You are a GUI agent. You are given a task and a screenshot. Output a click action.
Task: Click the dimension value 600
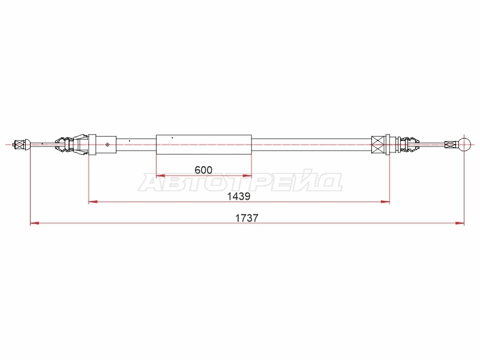tap(203, 170)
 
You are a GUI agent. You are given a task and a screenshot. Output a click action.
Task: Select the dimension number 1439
tap(238, 196)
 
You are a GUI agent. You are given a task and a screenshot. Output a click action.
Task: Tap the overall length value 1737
tap(247, 218)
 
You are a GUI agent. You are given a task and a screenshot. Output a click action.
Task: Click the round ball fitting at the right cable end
tap(464, 144)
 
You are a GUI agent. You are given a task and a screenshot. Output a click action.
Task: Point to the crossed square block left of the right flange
tap(379, 145)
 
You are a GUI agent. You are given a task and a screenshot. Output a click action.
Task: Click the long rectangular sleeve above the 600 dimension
tap(204, 145)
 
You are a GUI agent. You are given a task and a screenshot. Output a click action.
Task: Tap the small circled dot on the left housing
tap(107, 145)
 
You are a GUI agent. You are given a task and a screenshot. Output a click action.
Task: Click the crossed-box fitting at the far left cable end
tap(19, 144)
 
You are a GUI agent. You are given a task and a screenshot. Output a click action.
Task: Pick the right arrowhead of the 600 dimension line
tap(247, 176)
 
